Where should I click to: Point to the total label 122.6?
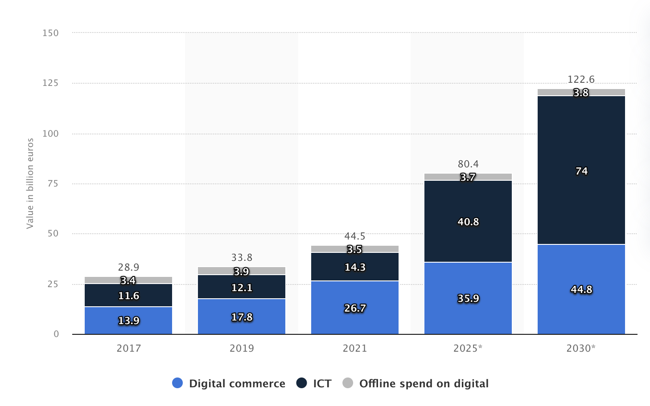coord(581,79)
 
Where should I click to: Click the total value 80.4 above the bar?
coord(468,164)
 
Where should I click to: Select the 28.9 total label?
coord(128,267)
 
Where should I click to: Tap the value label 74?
coord(581,171)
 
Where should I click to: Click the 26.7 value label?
coord(355,308)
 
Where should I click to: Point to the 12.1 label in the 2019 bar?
coord(242,288)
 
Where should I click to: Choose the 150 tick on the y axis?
coord(50,33)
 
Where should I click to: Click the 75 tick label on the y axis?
coord(53,183)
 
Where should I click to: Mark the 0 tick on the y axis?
coord(56,334)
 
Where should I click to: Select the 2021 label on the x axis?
coord(355,348)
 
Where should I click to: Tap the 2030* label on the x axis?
coord(581,348)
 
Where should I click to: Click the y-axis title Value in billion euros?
coord(30,183)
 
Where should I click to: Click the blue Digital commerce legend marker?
coord(177,383)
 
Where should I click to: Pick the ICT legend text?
coord(322,383)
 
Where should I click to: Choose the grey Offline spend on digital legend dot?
coord(348,383)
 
